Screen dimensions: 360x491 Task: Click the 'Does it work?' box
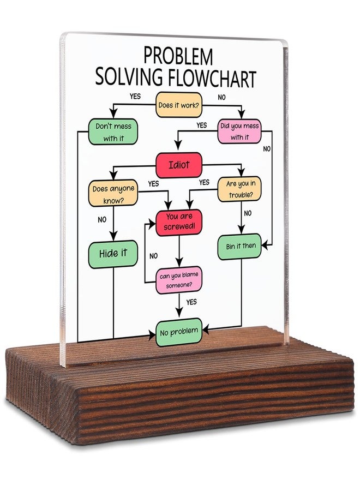click(x=179, y=105)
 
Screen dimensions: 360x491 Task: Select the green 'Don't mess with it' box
click(x=113, y=132)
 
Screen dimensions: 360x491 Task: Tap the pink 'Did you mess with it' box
click(x=239, y=131)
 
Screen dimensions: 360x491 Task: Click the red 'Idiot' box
click(x=179, y=165)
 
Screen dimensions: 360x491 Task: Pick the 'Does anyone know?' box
click(x=113, y=193)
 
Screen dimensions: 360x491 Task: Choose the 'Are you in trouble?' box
click(x=239, y=189)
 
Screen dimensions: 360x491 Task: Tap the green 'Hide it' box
click(x=113, y=254)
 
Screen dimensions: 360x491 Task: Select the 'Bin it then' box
click(x=239, y=247)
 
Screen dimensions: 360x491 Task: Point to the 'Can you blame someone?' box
click(x=179, y=280)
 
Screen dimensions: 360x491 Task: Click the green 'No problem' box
click(x=179, y=332)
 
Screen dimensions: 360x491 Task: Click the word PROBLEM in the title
click(x=178, y=56)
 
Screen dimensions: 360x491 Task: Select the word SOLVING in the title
click(x=129, y=76)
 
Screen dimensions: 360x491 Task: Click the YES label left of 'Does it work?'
click(x=135, y=96)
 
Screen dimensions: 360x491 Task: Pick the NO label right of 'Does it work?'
click(x=221, y=98)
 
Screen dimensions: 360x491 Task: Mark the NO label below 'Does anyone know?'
click(x=102, y=220)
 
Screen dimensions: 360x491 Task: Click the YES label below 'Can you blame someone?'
click(x=191, y=302)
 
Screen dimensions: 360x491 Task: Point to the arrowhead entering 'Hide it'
click(x=113, y=236)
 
